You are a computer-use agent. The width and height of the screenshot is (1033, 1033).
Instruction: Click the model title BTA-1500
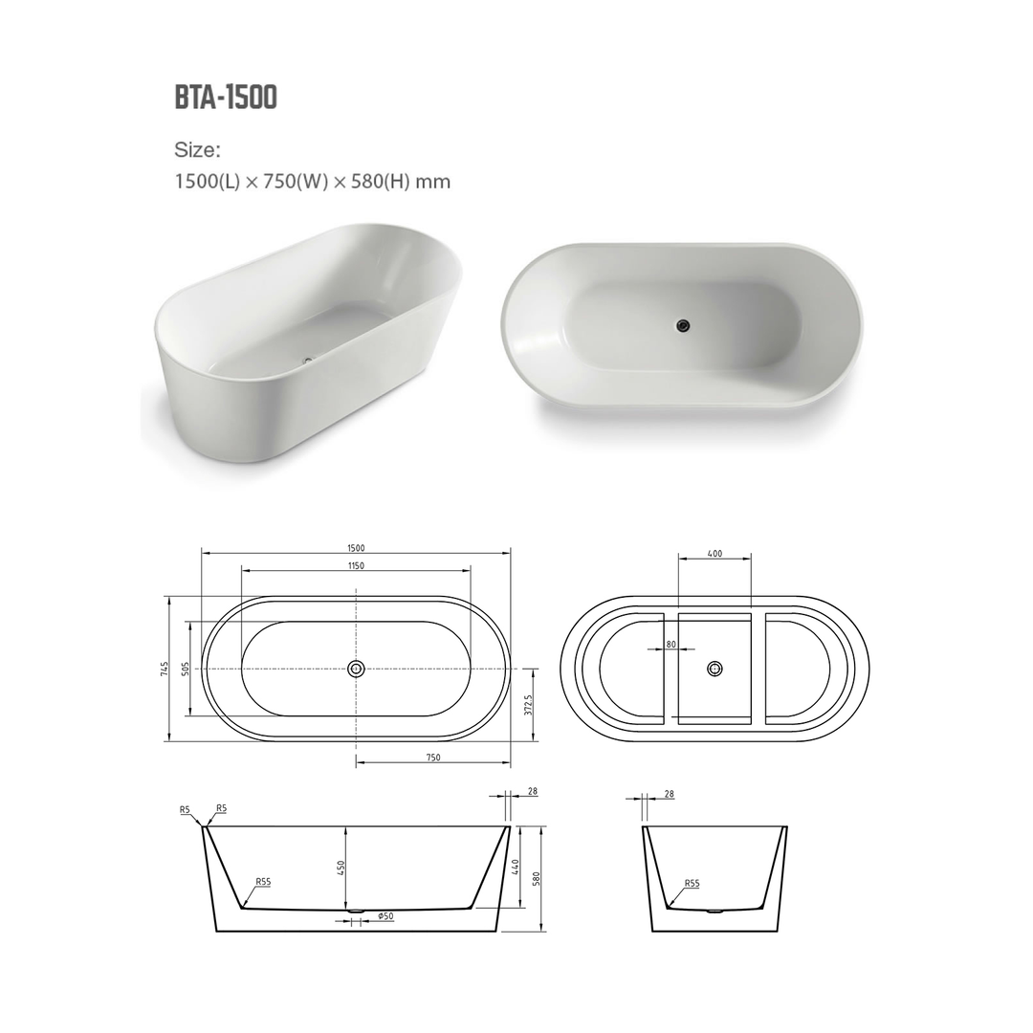pyautogui.click(x=226, y=98)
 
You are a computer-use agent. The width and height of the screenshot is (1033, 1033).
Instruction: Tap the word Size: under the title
pyautogui.click(x=198, y=150)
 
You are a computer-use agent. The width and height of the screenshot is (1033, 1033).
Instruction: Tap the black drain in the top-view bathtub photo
pyautogui.click(x=681, y=325)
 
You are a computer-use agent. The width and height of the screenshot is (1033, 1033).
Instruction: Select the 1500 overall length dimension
pyautogui.click(x=356, y=548)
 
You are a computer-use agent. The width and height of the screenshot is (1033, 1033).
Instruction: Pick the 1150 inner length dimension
pyautogui.click(x=356, y=566)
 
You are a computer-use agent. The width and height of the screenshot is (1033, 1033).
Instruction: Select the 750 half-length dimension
pyautogui.click(x=432, y=757)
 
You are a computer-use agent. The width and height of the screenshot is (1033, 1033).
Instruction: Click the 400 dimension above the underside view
pyautogui.click(x=714, y=554)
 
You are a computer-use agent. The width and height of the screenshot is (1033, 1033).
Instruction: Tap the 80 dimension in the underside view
pyautogui.click(x=671, y=645)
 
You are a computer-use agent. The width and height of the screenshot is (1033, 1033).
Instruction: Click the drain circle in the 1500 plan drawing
pyautogui.click(x=356, y=669)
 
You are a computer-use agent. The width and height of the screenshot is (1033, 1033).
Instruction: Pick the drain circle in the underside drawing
pyautogui.click(x=714, y=669)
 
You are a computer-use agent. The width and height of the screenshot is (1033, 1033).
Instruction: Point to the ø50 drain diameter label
pyautogui.click(x=386, y=916)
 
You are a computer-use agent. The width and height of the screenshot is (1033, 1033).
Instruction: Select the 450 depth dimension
pyautogui.click(x=341, y=868)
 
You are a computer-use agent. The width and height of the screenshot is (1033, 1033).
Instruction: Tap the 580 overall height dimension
pyautogui.click(x=538, y=876)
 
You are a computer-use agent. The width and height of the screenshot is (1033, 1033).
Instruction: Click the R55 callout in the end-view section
pyautogui.click(x=692, y=885)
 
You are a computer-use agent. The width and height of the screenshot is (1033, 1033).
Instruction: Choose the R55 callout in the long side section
pyautogui.click(x=263, y=882)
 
